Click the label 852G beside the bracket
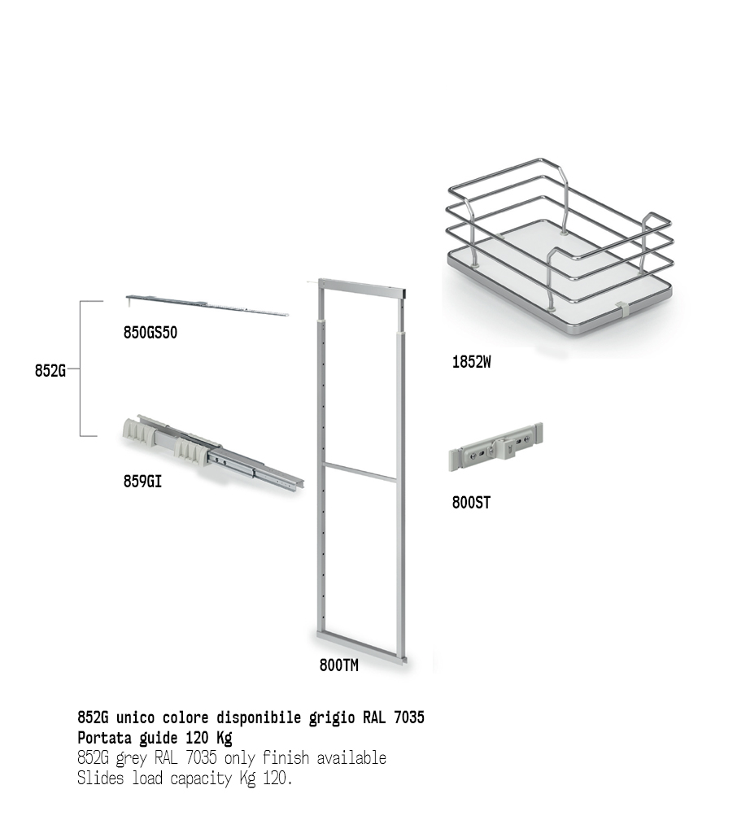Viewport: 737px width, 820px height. tap(50, 370)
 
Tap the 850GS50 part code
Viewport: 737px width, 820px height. tap(150, 333)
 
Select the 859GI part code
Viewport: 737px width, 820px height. tap(142, 481)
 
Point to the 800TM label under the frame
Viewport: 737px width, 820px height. tap(339, 665)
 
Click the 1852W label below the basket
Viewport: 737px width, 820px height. tap(471, 362)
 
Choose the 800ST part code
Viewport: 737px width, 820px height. tap(471, 503)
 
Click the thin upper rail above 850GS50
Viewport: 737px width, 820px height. tap(207, 305)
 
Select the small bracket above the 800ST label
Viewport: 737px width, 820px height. tap(495, 447)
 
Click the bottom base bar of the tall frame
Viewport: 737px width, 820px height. tap(361, 647)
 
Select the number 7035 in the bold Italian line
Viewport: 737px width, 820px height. tap(409, 717)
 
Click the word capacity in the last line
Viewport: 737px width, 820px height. tap(201, 779)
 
